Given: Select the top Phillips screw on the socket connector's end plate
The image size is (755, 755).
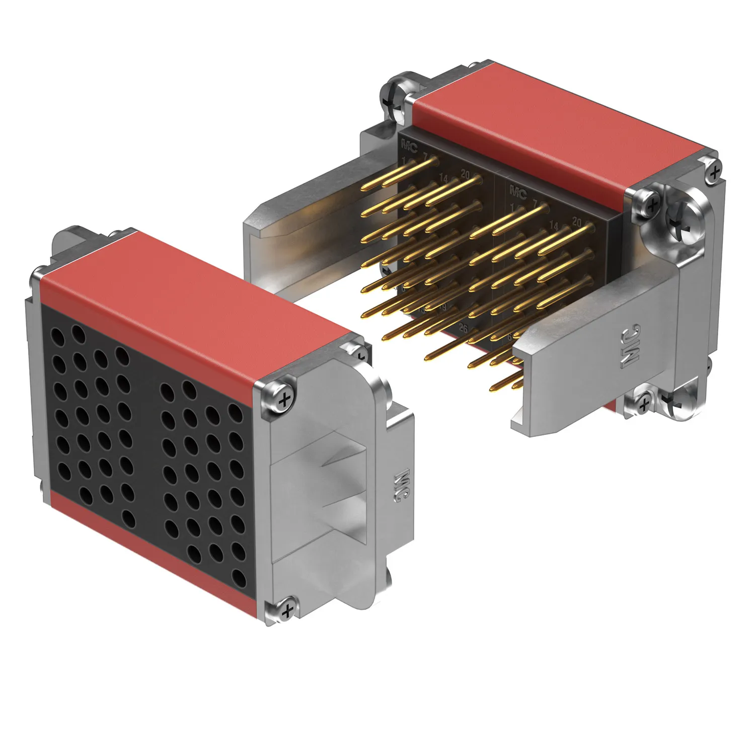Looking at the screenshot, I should tap(284, 400).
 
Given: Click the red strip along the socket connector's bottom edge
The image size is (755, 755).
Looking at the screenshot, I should tap(151, 554).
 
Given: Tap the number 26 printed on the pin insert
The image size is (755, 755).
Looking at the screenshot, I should tap(463, 329).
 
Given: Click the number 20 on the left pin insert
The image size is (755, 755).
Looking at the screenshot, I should tap(465, 175).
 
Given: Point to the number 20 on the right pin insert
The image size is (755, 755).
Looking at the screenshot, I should tap(577, 222).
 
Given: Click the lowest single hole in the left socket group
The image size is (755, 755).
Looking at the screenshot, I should tap(129, 518).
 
